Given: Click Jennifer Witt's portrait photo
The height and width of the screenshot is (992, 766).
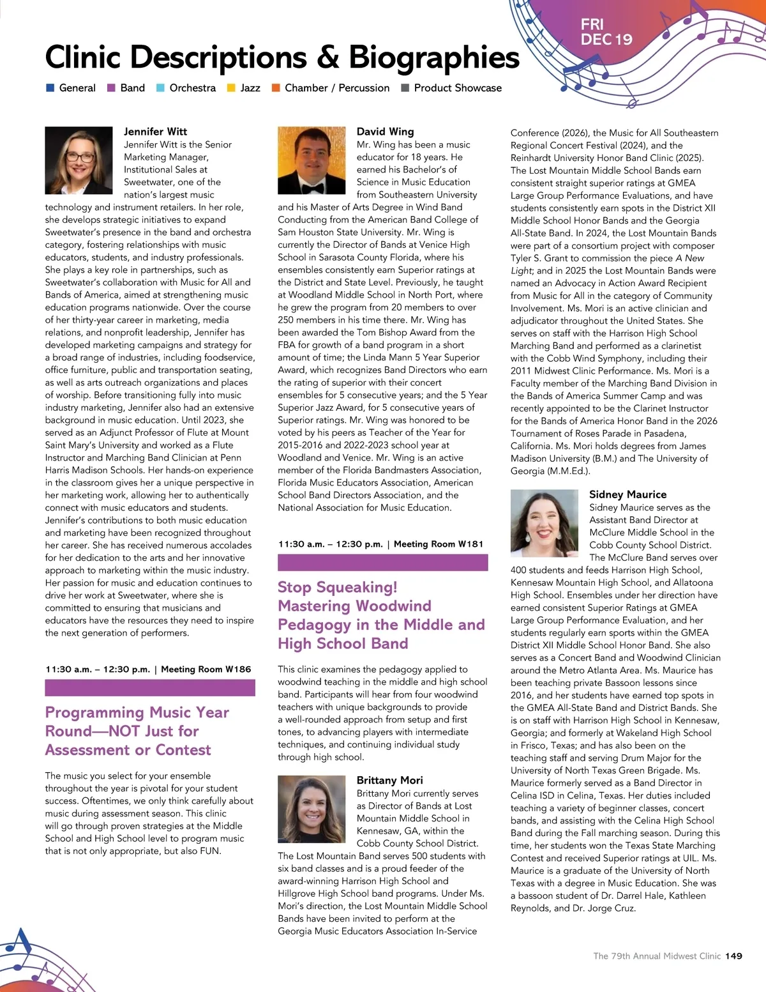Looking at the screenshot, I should coord(79,160).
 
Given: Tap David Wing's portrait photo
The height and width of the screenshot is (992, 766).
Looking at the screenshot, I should coord(311,160).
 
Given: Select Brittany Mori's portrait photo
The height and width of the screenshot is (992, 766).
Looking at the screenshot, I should coord(311,809).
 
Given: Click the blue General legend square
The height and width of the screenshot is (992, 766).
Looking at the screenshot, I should coord(50,88).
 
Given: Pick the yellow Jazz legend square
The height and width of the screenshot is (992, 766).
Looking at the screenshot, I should coord(232,88).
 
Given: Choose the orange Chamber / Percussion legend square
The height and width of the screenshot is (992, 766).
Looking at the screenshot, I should coord(276,88).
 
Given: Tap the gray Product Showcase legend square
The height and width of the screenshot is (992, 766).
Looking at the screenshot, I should coord(405,88).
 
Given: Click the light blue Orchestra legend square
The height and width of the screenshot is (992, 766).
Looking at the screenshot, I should coord(161,88).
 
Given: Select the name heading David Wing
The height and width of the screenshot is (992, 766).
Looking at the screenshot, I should coord(385,132).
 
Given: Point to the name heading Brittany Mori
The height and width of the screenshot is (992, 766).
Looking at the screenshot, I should coord(389,780).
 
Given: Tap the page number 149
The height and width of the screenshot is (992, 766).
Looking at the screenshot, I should coord(733,956).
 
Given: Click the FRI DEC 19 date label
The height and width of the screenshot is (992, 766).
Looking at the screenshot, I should coord(606,32).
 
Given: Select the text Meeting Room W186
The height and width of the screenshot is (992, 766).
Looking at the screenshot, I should coord(206,669).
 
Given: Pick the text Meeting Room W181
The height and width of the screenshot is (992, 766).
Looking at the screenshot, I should coord(438,544).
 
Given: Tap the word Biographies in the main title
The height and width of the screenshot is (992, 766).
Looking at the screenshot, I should coord(434,57).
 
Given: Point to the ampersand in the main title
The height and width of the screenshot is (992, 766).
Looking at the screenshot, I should coord(327,57).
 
